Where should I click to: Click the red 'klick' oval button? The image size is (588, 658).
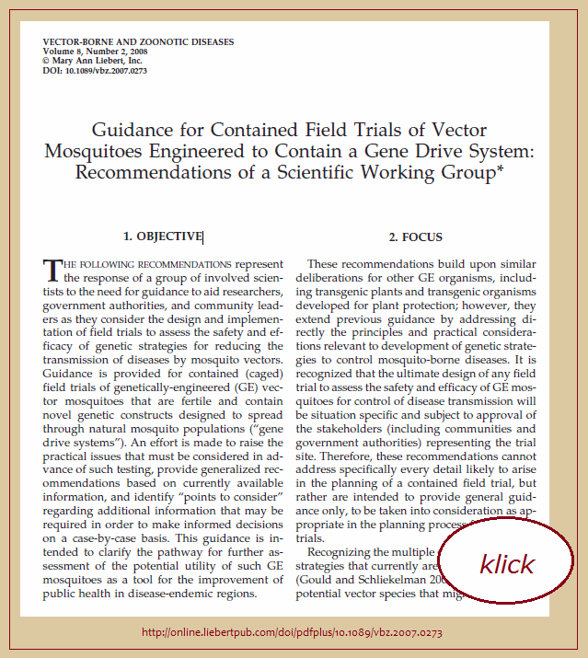point(506,562)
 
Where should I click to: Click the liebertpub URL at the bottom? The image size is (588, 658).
point(293,633)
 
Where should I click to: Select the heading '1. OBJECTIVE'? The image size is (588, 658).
point(164,237)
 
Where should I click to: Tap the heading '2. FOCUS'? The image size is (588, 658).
point(415,237)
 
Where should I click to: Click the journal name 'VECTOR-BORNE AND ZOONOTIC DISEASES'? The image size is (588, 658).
point(138,42)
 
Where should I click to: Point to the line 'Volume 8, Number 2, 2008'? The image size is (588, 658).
point(95,52)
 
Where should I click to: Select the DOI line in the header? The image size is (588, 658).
point(95,70)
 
